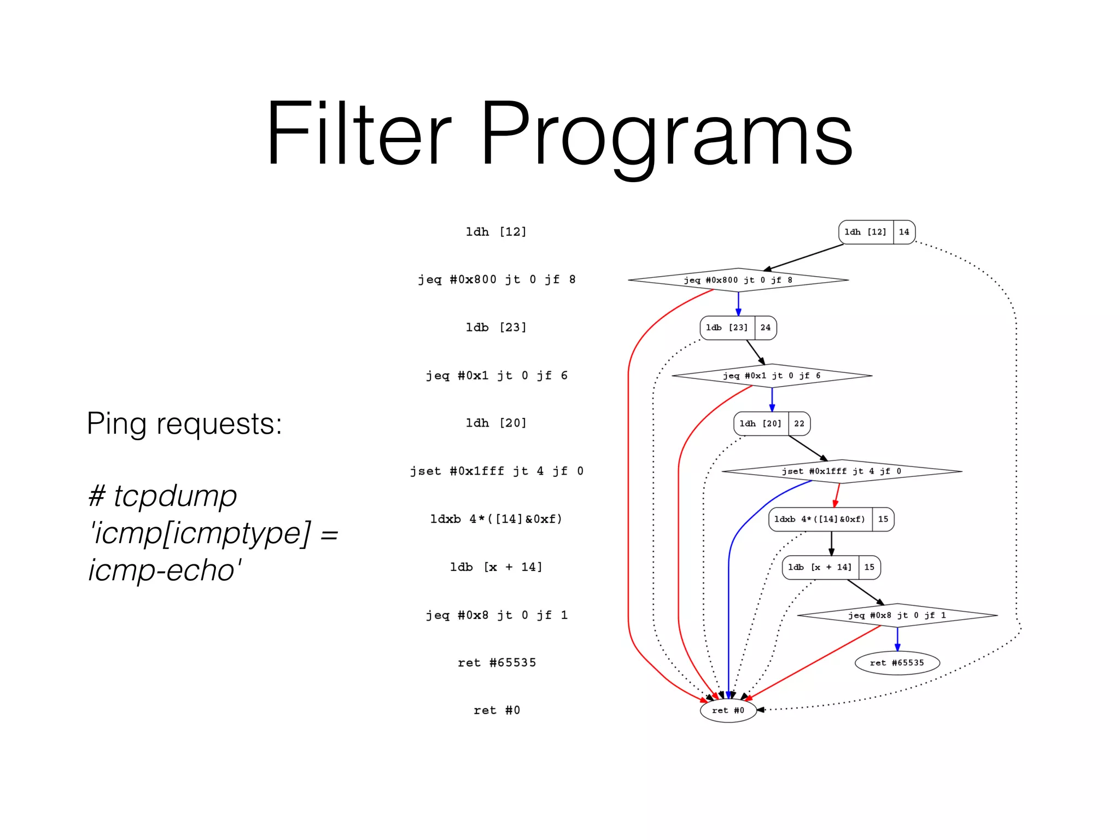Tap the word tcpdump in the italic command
pyautogui.click(x=175, y=496)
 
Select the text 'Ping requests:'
pyautogui.click(x=184, y=423)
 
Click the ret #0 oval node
pyautogui.click(x=728, y=710)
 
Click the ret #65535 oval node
pyautogui.click(x=897, y=663)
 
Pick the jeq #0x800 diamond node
pyautogui.click(x=738, y=280)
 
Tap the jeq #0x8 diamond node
pyautogui.click(x=897, y=615)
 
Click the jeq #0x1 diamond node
pyautogui.click(x=771, y=376)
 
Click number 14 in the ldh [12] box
pyautogui.click(x=904, y=232)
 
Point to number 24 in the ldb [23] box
pyautogui.click(x=765, y=328)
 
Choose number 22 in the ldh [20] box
pyautogui.click(x=799, y=423)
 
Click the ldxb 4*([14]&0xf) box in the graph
pyautogui.click(x=820, y=519)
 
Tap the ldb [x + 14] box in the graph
pyautogui.click(x=820, y=567)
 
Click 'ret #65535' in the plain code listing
pyautogui.click(x=497, y=663)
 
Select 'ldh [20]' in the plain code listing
pyautogui.click(x=496, y=423)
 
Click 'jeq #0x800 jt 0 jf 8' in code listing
pyautogui.click(x=497, y=279)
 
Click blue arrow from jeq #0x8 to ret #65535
pyautogui.click(x=897, y=639)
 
